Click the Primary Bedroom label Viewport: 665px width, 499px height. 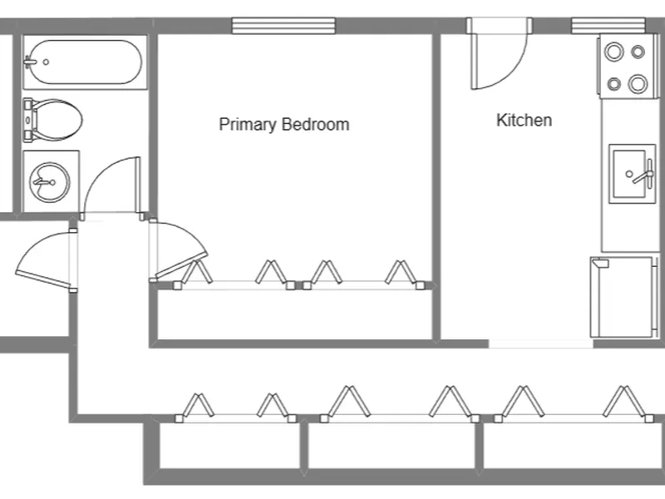[x=283, y=124]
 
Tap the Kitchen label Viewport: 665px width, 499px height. [x=525, y=120]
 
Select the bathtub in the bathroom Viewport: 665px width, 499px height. [x=85, y=62]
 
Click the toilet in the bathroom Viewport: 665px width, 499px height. [x=52, y=120]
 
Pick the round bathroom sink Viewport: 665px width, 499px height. [x=50, y=182]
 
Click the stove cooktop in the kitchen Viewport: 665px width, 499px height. [x=628, y=67]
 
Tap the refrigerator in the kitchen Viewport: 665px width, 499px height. [x=622, y=297]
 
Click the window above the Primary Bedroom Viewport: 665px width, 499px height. [x=283, y=26]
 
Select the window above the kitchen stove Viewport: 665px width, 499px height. [x=608, y=26]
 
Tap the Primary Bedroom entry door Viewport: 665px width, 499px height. [x=180, y=250]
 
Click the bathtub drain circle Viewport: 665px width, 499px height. [x=46, y=62]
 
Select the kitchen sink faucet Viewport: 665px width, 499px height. [x=643, y=174]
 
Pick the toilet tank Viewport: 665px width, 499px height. [x=27, y=120]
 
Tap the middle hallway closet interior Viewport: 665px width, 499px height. [x=391, y=446]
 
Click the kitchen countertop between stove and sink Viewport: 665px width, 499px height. [x=630, y=121]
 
